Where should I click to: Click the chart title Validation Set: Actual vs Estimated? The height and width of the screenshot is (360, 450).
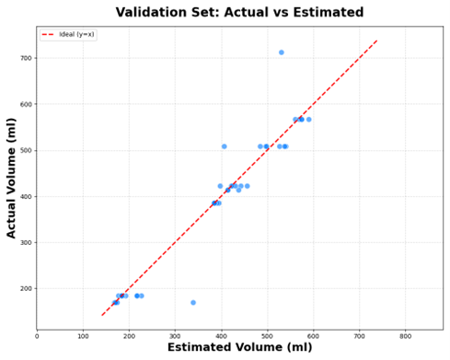click(239, 12)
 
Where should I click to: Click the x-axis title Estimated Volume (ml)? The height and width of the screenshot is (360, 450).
click(239, 348)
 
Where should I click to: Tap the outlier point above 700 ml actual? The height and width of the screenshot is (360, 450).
click(282, 52)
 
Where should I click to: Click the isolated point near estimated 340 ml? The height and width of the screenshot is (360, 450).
click(193, 302)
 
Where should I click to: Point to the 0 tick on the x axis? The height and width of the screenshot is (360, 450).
click(37, 336)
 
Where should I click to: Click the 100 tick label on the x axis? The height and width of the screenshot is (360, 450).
click(83, 336)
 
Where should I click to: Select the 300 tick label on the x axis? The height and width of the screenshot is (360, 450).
click(175, 336)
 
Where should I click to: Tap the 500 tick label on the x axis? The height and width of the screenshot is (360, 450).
click(267, 336)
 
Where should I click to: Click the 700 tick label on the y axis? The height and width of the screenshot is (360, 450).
click(24, 58)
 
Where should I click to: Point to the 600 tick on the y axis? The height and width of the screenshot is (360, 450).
click(24, 104)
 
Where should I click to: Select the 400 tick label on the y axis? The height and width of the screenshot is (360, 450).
click(24, 196)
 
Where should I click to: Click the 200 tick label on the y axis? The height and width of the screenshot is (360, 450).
click(24, 288)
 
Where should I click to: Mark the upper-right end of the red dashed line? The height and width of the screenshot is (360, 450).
click(377, 41)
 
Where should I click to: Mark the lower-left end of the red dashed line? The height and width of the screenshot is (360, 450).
click(101, 316)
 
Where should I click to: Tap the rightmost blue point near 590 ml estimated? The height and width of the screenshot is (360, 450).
click(308, 120)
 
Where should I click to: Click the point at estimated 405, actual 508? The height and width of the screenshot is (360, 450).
click(224, 146)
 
